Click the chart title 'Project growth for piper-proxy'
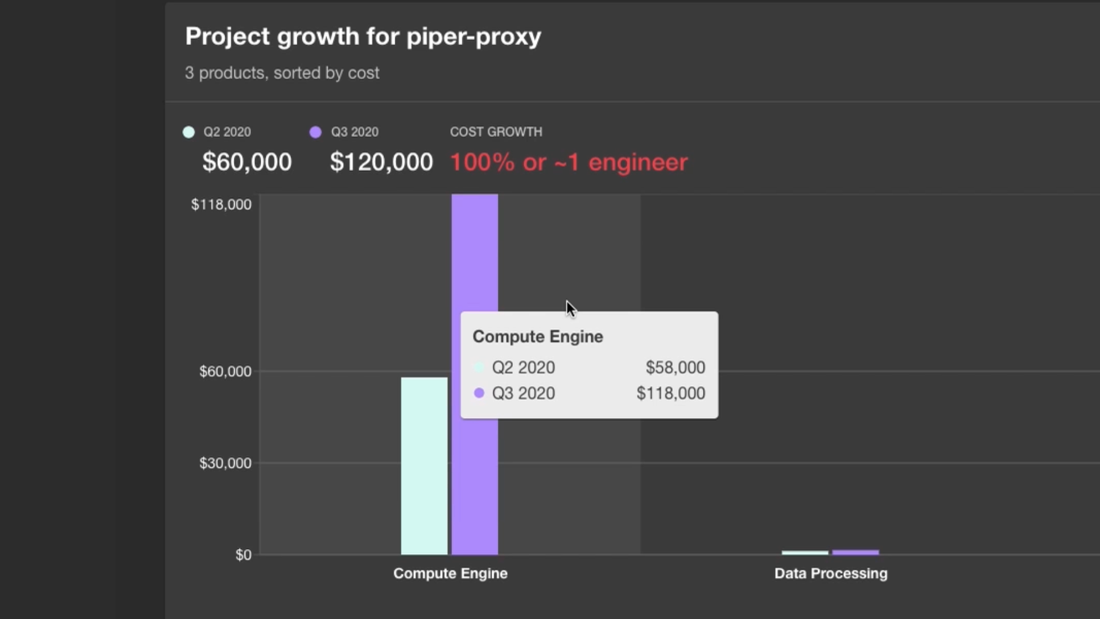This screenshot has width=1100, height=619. point(363,37)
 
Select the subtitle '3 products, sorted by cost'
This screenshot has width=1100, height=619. point(282,73)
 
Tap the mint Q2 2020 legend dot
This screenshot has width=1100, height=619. point(188,132)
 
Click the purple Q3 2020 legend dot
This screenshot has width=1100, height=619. point(315,132)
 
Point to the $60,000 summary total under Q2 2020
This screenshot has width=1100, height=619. point(247,162)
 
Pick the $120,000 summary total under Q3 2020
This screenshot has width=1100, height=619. point(381,162)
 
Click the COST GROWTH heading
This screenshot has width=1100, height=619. point(496,132)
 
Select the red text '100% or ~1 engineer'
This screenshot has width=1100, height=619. point(568,162)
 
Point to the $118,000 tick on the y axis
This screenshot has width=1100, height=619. point(221,205)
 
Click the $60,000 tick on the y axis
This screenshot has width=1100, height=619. point(225,371)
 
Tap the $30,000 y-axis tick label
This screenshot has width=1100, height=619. point(225,463)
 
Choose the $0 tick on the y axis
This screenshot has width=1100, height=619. point(243,555)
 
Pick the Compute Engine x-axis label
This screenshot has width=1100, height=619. point(450,574)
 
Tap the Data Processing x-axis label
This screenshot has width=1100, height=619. point(831,574)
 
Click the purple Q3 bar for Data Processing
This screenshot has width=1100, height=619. point(855,553)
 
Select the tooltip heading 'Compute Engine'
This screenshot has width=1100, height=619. point(537,336)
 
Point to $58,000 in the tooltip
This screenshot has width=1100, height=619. point(675,367)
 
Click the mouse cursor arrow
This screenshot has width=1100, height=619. point(570,308)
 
